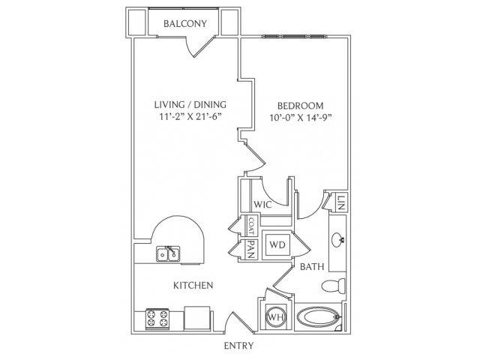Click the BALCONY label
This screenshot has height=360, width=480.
[x=185, y=23]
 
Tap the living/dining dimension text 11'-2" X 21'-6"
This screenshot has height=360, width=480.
[x=190, y=117]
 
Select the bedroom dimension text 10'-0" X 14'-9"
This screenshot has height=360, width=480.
[x=301, y=118]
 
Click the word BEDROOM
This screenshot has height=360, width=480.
[x=300, y=106]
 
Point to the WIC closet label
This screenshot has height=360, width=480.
[x=262, y=205]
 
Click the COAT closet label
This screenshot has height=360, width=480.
[x=251, y=226]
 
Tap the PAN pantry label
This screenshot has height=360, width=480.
[x=251, y=250]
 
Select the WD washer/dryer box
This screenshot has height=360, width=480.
[x=277, y=244]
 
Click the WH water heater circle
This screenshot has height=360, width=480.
[x=276, y=316]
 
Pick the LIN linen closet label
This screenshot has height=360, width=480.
[x=342, y=202]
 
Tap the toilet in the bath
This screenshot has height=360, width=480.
[x=333, y=286]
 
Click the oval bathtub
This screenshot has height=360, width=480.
[x=318, y=316]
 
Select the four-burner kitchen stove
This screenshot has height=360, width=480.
[x=157, y=318]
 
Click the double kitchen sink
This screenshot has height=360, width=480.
[x=168, y=253]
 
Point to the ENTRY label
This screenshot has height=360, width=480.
[x=238, y=346]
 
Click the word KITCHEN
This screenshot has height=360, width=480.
[x=193, y=286]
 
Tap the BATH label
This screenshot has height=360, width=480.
[x=312, y=267]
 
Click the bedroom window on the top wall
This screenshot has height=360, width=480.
[x=294, y=37]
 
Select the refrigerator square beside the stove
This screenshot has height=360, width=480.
[x=197, y=318]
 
